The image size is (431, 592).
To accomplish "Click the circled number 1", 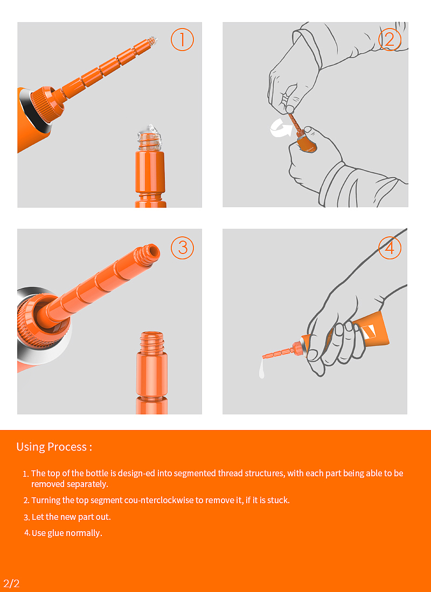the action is pyautogui.click(x=182, y=39).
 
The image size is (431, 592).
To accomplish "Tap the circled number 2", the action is pyautogui.click(x=390, y=39).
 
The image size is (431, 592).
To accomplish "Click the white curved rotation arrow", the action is pyautogui.click(x=279, y=127).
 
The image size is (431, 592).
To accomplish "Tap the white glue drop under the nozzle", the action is pyautogui.click(x=262, y=368).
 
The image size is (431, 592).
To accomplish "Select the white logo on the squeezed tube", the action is pyautogui.click(x=369, y=332).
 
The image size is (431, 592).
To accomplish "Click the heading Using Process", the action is pyautogui.click(x=54, y=447).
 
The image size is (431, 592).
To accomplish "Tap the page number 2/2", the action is pyautogui.click(x=11, y=583).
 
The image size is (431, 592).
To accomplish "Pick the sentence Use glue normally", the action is pyautogui.click(x=67, y=533).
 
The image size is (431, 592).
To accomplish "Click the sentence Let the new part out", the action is pyautogui.click(x=71, y=517).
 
